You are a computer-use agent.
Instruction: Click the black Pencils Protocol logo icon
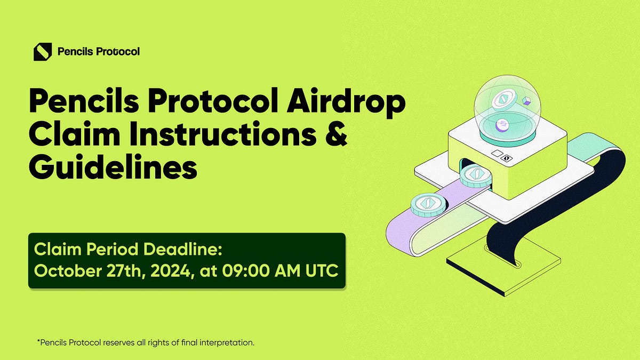pyautogui.click(x=43, y=52)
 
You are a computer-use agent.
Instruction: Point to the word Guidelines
pyautogui.click(x=113, y=167)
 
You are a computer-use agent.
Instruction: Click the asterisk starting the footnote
pyautogui.click(x=38, y=341)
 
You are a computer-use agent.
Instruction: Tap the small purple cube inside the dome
pyautogui.click(x=527, y=101)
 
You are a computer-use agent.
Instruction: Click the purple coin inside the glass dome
pyautogui.click(x=502, y=125)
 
